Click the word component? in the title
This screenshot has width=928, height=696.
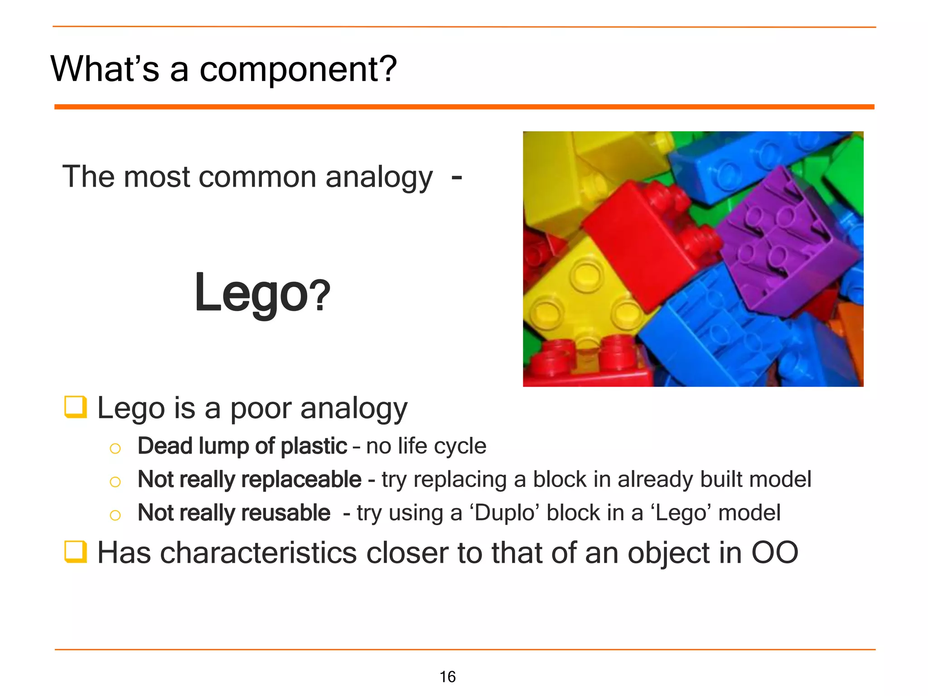pos(298,69)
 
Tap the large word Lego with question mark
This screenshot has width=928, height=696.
pos(262,293)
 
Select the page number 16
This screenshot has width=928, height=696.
pos(447,677)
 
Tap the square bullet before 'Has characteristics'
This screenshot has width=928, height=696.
pos(75,551)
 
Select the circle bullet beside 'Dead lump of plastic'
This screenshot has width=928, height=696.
pos(115,449)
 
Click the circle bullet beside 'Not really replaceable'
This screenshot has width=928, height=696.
pos(115,482)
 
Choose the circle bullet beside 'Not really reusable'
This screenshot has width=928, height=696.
pos(115,515)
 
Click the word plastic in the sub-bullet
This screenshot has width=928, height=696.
pos(314,446)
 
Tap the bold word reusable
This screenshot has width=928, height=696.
pos(286,513)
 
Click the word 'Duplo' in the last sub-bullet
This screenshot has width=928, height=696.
pos(504,513)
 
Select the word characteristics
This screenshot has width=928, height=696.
pos(258,553)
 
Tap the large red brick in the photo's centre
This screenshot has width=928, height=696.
pos(648,245)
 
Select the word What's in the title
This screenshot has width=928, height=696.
pos(105,69)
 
